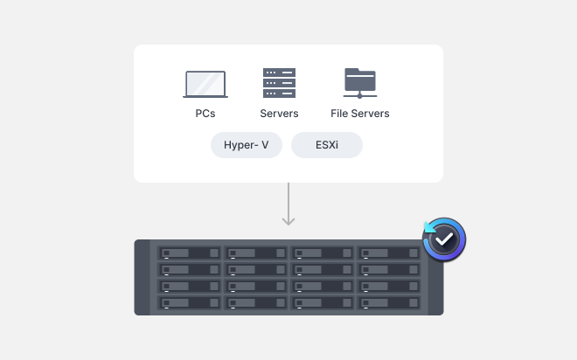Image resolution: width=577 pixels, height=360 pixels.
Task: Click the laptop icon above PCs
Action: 205,84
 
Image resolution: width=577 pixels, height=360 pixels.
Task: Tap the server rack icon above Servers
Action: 279,83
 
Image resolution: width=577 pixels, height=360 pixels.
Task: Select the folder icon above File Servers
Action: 359,83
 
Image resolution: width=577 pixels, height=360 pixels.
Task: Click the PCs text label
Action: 205,114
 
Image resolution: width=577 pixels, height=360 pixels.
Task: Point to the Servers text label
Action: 279,114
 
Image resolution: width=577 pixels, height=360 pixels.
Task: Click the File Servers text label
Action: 359,114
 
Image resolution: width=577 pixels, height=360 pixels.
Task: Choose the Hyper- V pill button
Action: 247,145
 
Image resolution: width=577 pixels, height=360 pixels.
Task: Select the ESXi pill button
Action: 326,145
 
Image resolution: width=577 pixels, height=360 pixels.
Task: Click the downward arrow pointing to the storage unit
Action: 288,205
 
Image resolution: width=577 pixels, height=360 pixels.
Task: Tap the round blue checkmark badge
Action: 444,239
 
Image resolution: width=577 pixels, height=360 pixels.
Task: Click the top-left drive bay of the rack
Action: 189,253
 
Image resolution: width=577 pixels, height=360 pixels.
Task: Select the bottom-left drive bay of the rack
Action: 189,302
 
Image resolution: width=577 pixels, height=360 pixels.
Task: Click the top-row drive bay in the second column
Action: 255,253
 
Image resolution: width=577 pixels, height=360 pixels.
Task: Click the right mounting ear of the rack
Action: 433,284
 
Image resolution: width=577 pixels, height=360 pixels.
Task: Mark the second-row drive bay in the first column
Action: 189,269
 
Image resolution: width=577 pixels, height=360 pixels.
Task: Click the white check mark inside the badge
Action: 445,239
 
